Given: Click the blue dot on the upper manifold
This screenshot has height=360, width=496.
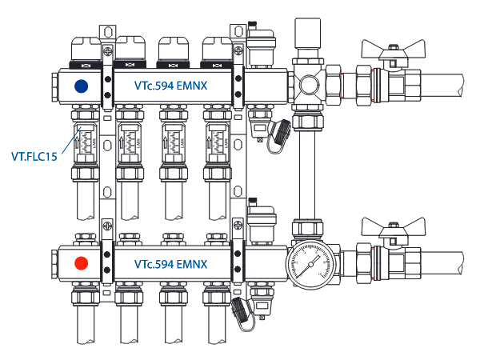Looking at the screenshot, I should coord(80,86).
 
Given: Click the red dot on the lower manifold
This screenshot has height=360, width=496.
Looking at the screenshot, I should coord(80,262).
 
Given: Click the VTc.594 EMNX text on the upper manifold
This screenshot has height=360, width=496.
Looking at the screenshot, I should coord(171,86).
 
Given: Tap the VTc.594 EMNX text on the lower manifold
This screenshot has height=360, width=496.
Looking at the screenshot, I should coord(171,263).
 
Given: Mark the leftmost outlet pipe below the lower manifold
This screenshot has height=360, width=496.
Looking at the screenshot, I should coord(85,332).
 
